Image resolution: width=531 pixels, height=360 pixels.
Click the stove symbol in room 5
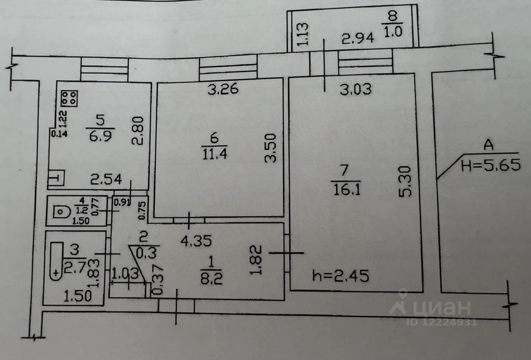tap(69, 98)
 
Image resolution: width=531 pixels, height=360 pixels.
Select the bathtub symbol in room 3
tap(56, 261)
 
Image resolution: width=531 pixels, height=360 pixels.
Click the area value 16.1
tap(347, 190)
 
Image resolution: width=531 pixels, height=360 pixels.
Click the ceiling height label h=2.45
tap(341, 276)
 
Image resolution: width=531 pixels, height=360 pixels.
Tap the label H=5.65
tap(491, 165)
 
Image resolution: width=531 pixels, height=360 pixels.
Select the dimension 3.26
tap(223, 90)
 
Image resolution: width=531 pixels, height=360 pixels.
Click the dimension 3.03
tap(356, 90)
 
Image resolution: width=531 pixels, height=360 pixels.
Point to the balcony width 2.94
tap(358, 39)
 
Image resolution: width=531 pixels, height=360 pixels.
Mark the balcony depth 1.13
tap(302, 34)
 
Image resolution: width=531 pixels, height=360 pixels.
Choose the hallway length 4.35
tap(196, 241)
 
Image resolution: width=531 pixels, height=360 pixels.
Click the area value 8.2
tap(212, 280)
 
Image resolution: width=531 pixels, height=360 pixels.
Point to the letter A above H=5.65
tap(489, 145)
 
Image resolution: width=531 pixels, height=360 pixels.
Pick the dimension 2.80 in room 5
tap(138, 131)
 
